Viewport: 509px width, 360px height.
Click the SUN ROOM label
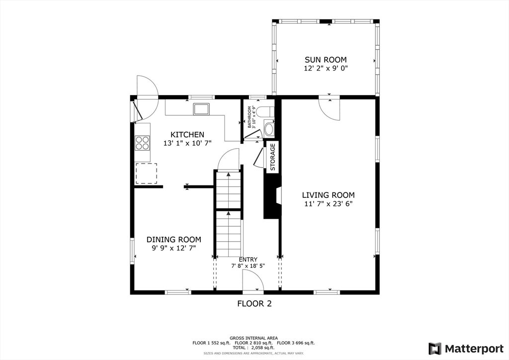point(326,60)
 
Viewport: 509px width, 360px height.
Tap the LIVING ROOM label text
point(328,195)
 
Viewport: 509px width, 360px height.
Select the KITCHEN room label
point(187,134)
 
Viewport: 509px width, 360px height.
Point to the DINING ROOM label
point(173,240)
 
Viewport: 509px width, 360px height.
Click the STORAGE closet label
point(273,157)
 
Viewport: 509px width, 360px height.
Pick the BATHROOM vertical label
point(250,117)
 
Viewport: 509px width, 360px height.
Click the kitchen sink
point(202,109)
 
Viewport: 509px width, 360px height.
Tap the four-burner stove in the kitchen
point(143,143)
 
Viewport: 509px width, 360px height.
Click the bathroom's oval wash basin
point(269,129)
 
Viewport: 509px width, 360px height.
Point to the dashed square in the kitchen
point(146,174)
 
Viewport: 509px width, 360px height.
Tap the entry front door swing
point(253,280)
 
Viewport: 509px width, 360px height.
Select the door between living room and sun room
point(329,108)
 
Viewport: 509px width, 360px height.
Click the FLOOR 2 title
point(254,304)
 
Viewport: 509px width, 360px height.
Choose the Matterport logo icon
point(435,349)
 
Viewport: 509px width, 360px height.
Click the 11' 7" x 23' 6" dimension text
point(328,204)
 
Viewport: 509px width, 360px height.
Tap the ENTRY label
point(248,260)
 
